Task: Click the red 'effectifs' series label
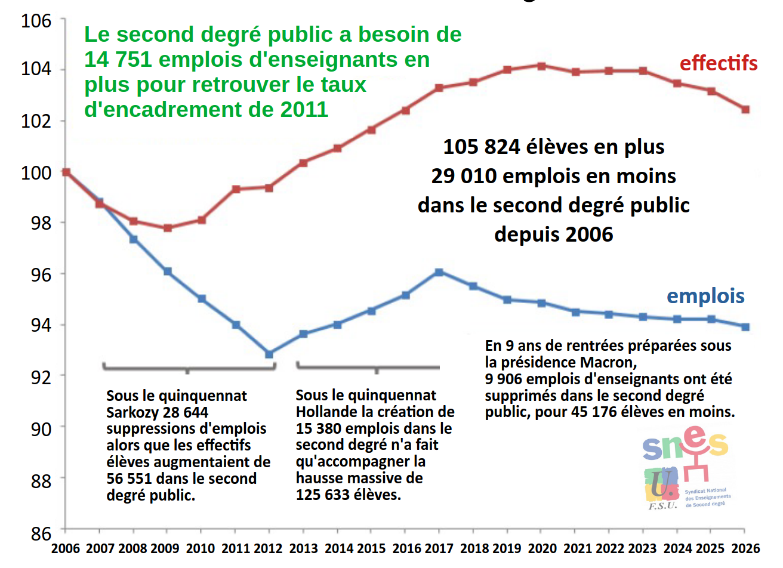[719, 63]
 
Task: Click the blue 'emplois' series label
[705, 296]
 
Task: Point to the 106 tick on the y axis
[36, 21]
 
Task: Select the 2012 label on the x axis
[268, 548]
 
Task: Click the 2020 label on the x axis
[542, 548]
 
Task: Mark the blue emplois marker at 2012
[269, 354]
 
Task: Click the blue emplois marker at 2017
[439, 272]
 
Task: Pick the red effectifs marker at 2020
[541, 66]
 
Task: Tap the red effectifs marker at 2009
[168, 228]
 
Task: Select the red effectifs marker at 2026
[745, 110]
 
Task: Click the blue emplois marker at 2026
[745, 327]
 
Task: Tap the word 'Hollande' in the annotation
[322, 412]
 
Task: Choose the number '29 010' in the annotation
[464, 176]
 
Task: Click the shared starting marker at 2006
[66, 172]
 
